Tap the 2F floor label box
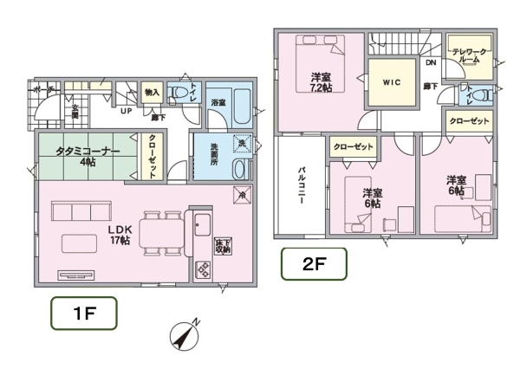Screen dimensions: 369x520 coord(313,264)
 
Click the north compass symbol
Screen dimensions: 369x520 coord(184,334)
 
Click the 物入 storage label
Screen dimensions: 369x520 coord(153,93)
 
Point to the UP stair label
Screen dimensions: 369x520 coord(127,112)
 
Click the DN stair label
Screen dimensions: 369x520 coord(431,62)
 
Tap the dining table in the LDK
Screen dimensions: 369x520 coord(157,234)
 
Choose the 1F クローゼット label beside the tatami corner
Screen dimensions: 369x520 coord(153,156)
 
